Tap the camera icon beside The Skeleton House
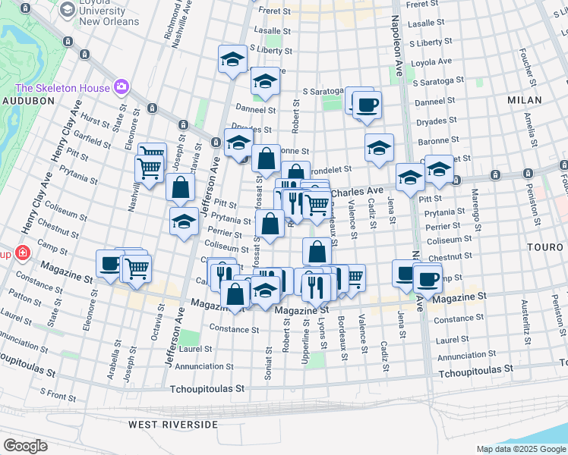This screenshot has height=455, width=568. tap(121, 88)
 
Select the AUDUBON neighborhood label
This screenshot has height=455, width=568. tap(26, 100)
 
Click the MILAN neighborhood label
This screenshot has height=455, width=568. tap(525, 100)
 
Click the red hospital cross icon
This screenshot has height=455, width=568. tap(23, 253)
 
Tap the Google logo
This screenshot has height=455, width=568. tap(25, 446)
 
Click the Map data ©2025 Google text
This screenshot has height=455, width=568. tap(521, 449)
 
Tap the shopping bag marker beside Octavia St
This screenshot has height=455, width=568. tap(181, 188)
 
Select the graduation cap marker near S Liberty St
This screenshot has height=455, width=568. tap(232, 59)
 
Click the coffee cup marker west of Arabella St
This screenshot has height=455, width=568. tap(110, 265)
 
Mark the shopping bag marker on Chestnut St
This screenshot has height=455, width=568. tap(317, 251)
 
